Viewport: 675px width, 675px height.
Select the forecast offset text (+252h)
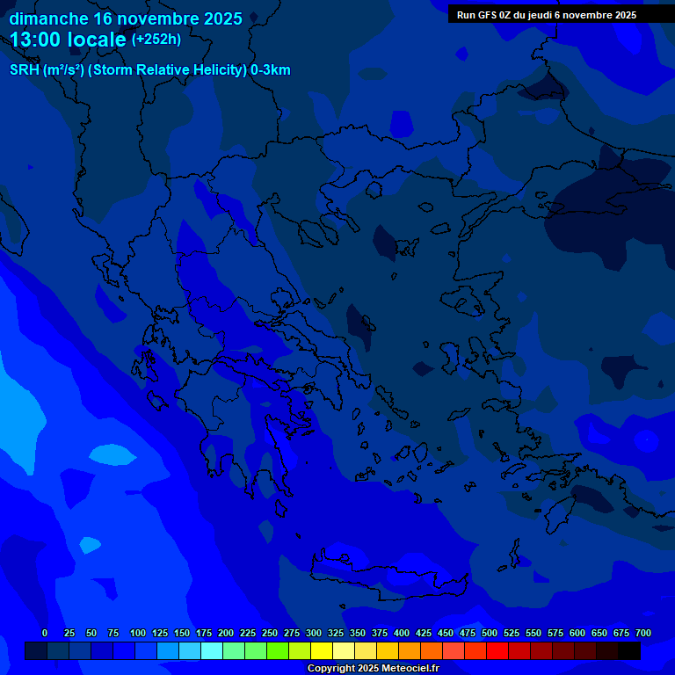(156, 40)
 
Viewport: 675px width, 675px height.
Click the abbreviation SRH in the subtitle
(24, 70)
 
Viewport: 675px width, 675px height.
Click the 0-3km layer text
(270, 70)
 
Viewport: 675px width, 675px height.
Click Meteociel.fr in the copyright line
(404, 669)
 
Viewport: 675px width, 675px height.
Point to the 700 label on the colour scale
(642, 633)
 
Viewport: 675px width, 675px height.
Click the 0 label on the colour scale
(45, 633)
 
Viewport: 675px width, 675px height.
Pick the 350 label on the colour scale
(358, 633)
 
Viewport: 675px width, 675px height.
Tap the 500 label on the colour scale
(490, 633)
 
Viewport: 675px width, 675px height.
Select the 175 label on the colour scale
(204, 633)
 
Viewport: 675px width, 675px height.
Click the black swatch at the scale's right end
(629, 650)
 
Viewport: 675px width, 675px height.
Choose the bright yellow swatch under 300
(322, 650)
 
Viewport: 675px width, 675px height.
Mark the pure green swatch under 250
(278, 650)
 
